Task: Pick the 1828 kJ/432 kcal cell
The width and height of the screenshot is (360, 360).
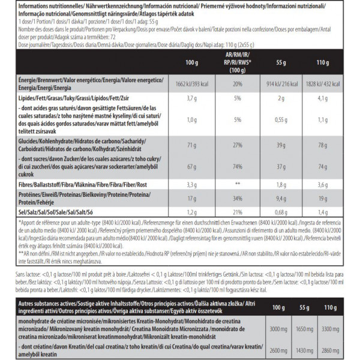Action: [x=329, y=83]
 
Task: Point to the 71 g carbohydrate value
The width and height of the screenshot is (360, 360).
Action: [x=192, y=145]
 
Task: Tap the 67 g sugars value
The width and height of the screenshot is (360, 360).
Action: [x=192, y=166]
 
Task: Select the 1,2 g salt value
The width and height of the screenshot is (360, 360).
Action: [x=192, y=212]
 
